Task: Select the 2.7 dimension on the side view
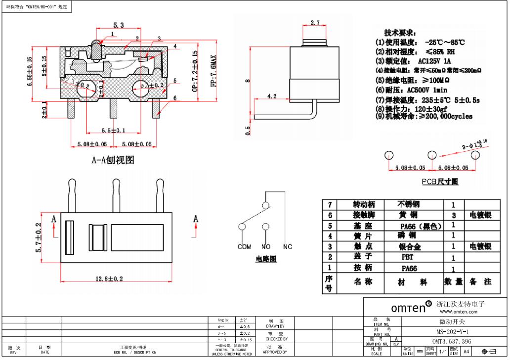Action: pyautogui.click(x=315, y=23)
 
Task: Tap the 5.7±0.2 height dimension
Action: pyautogui.click(x=38, y=238)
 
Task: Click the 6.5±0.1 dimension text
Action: pyautogui.click(x=113, y=130)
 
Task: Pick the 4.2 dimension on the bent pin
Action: pyautogui.click(x=271, y=96)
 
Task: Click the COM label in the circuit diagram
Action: pyautogui.click(x=244, y=246)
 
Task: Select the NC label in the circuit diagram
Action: pyautogui.click(x=288, y=246)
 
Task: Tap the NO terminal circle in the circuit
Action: pyautogui.click(x=266, y=227)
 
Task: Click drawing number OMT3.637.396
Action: pyautogui.click(x=452, y=341)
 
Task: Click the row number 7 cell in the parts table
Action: pyautogui.click(x=329, y=204)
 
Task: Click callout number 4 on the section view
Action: pyautogui.click(x=175, y=46)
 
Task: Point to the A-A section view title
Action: pyautogui.click(x=113, y=160)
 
